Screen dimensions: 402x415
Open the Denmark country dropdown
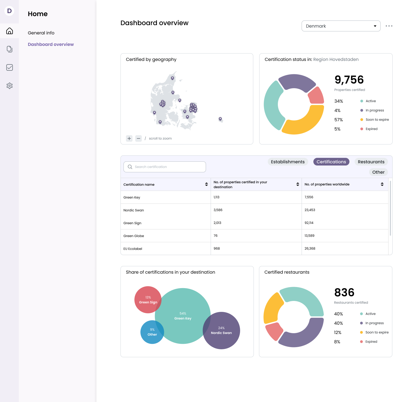(341, 26)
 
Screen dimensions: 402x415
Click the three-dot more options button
(389, 26)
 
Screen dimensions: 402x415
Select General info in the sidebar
(41, 33)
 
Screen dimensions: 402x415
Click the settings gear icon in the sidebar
(10, 86)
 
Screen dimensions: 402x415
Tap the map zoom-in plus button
(129, 138)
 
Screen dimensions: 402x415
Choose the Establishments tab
(288, 162)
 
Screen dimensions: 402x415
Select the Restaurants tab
(371, 162)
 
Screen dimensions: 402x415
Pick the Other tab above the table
(378, 172)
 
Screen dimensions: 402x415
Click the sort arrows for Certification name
(206, 184)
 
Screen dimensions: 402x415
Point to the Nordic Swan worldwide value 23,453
(310, 210)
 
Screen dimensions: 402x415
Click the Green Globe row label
(134, 236)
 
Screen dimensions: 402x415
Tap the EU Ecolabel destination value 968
(217, 249)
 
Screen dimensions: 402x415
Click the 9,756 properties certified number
(349, 80)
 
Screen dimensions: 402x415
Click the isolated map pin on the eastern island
(220, 119)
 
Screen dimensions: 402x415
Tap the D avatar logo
(9, 11)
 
